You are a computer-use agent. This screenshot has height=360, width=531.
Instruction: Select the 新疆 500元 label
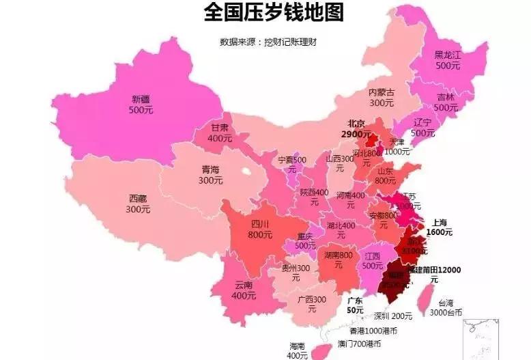point(141,105)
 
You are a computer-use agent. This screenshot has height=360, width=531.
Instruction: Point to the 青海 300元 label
point(210,175)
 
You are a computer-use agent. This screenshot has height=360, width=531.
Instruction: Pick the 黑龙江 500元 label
point(448,60)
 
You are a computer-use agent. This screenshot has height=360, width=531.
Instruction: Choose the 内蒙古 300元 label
point(382,97)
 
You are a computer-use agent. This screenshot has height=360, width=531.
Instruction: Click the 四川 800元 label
point(261,229)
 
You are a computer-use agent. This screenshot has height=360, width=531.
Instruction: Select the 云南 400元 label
point(244,290)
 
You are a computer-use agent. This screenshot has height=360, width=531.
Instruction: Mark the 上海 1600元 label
point(439,227)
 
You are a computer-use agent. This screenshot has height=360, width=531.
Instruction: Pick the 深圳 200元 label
point(392,316)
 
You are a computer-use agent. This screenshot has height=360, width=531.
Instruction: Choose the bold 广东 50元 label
point(355,305)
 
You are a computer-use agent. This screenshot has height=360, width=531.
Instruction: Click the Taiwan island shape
point(424,296)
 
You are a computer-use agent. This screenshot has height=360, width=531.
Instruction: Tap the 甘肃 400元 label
point(220,133)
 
